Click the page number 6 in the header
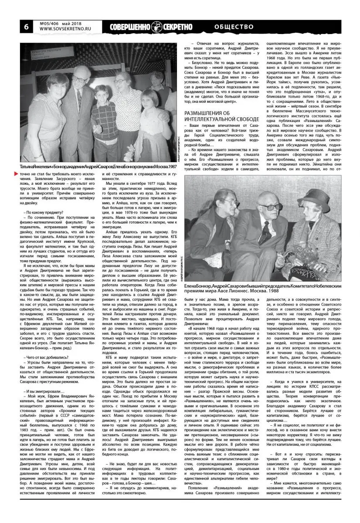coord(26,27)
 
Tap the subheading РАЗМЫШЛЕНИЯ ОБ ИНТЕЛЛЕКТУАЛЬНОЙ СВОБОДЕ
coord(221,115)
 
